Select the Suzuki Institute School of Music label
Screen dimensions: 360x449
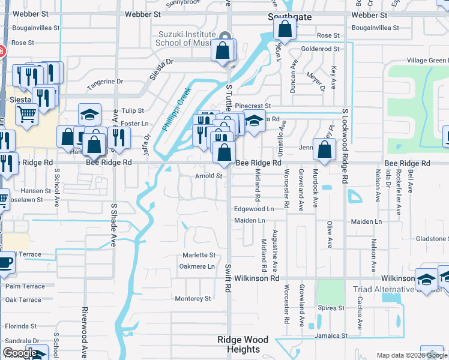coord(191,38)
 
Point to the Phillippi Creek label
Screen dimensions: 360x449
coord(176,109)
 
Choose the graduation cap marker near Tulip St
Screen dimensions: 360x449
coord(90,115)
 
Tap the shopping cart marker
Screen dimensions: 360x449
coord(26,113)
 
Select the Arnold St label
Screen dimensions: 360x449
coord(209,176)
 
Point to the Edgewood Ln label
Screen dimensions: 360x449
coord(254,209)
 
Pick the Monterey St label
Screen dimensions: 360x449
coord(193,298)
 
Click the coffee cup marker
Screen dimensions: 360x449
coord(4,264)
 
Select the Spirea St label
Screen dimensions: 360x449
coord(332,308)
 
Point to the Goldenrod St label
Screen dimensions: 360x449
coord(321,49)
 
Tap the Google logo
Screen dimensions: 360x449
coord(19,353)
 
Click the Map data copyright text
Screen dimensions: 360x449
coord(412,355)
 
